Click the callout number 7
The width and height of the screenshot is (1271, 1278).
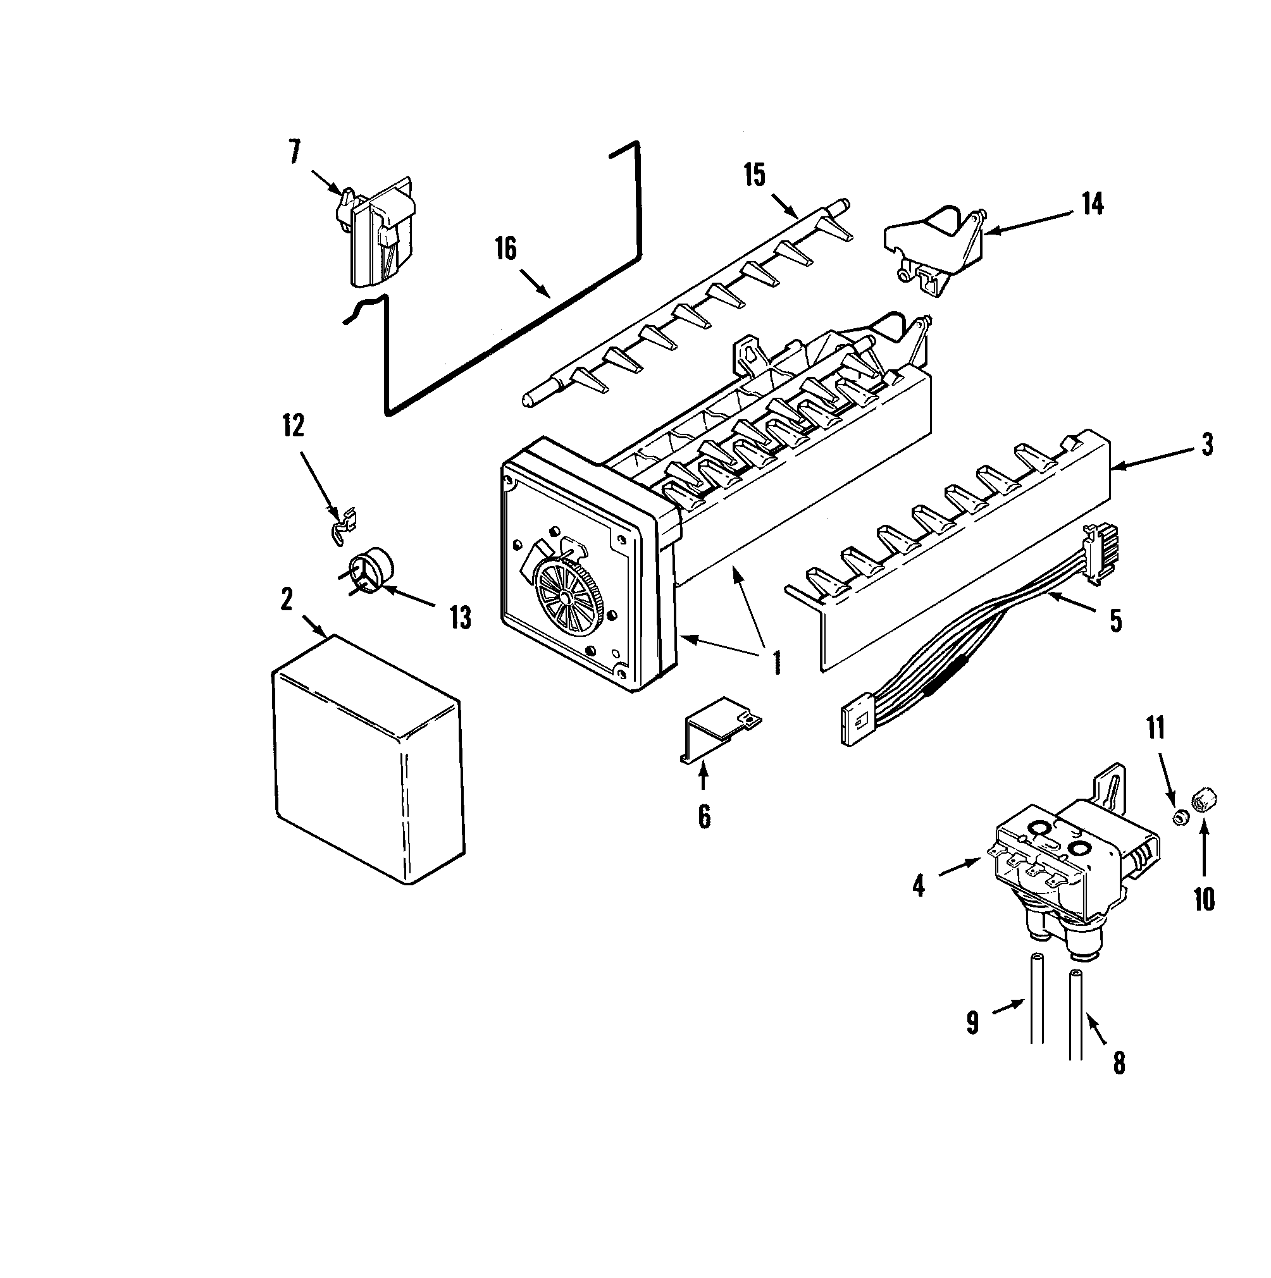coord(294,152)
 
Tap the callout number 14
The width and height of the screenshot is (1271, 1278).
coord(1093,204)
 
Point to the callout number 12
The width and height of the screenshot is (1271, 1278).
coord(293,426)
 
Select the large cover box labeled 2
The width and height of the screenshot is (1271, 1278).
coord(368,761)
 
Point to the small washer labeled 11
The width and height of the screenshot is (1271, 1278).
coord(1179,818)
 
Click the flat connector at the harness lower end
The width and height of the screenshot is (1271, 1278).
coord(855,724)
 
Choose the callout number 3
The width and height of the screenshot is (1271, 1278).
coord(1208,445)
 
